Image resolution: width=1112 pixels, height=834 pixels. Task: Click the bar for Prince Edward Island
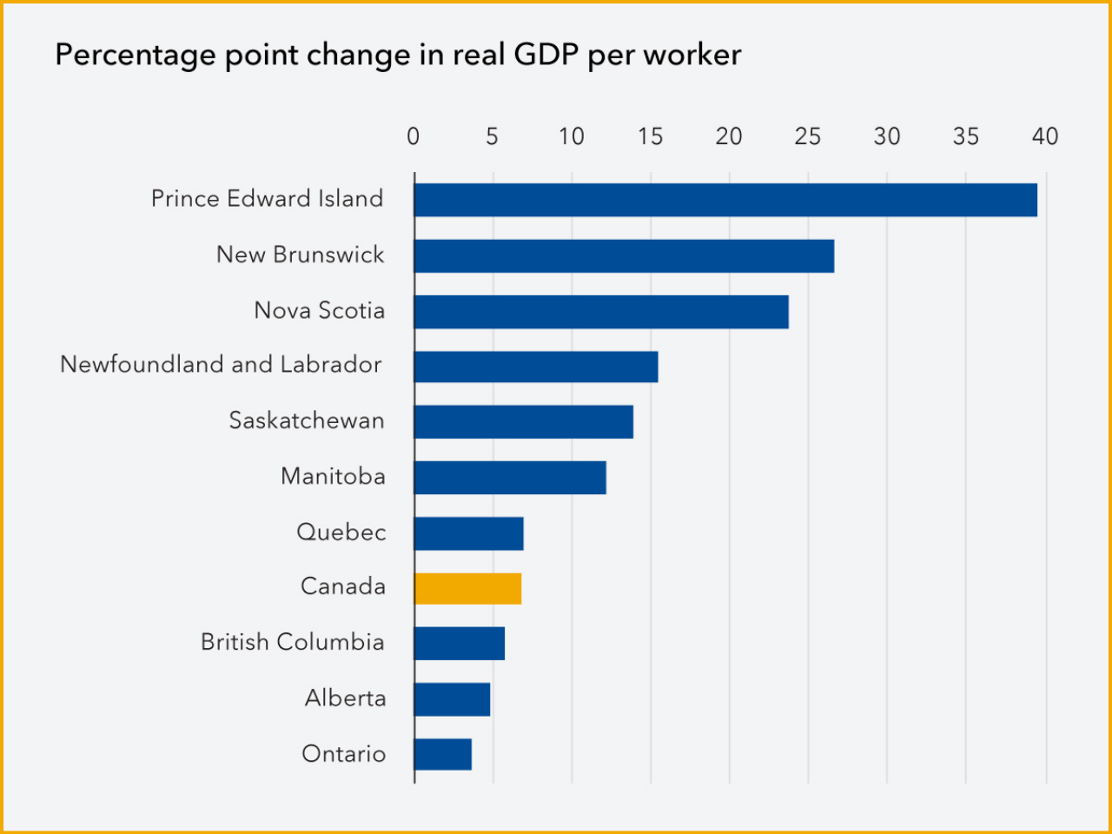click(725, 200)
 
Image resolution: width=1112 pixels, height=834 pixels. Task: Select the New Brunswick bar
click(624, 256)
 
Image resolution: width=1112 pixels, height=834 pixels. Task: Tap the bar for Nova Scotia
click(601, 312)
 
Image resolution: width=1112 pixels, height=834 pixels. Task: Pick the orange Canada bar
click(467, 588)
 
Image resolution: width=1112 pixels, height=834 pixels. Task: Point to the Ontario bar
click(443, 754)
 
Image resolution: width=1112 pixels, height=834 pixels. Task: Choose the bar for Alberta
click(452, 699)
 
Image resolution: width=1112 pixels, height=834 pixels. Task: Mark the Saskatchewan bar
click(523, 421)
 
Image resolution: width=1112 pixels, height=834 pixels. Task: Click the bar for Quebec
click(468, 533)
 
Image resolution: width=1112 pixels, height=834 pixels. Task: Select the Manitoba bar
click(510, 478)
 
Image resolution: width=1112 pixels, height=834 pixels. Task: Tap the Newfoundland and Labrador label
click(221, 365)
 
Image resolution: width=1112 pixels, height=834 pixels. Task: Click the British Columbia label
click(292, 642)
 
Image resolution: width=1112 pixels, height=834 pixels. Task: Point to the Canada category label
click(343, 586)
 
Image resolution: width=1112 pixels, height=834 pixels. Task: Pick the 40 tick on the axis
click(1045, 136)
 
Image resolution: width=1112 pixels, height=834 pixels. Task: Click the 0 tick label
click(414, 136)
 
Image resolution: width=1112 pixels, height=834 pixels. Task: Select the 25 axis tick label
click(807, 136)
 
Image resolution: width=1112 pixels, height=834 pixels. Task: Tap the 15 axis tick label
click(650, 136)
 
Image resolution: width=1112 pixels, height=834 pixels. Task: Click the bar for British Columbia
click(459, 644)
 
